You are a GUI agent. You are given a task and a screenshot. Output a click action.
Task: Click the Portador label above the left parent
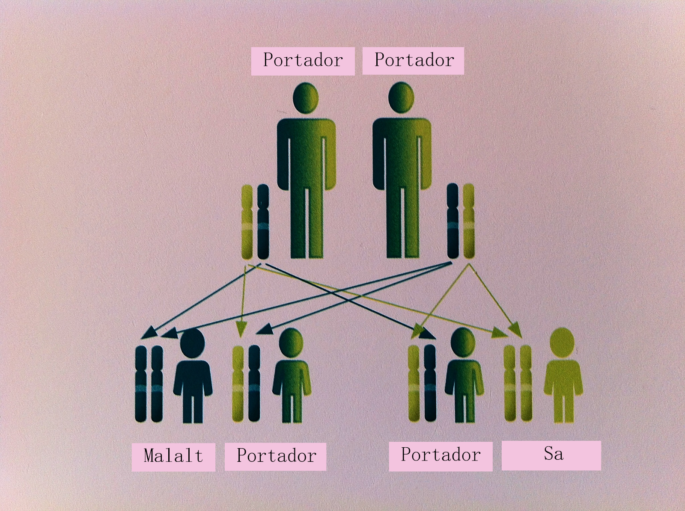click(x=303, y=61)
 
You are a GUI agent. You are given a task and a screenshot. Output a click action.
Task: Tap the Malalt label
click(x=173, y=456)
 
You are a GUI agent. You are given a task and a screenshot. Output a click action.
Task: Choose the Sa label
click(x=551, y=455)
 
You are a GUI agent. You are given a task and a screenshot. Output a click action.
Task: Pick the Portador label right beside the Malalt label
click(x=276, y=456)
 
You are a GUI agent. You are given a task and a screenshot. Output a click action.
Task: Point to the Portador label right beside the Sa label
click(x=441, y=455)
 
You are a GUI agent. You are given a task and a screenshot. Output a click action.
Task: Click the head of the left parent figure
click(x=306, y=97)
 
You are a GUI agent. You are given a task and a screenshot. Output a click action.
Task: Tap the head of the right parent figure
click(x=401, y=97)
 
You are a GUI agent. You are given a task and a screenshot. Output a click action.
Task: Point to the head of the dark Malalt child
click(x=193, y=343)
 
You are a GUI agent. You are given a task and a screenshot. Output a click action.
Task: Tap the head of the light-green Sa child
click(x=562, y=342)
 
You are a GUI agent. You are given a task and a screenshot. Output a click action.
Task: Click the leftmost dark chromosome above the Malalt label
click(x=141, y=383)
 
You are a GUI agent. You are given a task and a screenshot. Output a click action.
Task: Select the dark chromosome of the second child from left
click(x=254, y=383)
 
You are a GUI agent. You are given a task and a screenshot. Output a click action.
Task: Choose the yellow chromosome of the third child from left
click(x=414, y=383)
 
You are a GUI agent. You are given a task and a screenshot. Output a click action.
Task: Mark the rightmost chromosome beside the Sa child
click(x=526, y=383)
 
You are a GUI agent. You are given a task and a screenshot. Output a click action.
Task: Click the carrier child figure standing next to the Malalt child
click(x=292, y=376)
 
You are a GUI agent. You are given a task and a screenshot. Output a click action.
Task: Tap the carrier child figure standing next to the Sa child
click(x=464, y=376)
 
